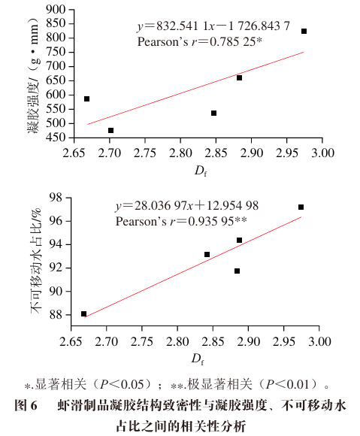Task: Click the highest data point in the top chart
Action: pyautogui.click(x=304, y=31)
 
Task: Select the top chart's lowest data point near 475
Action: pyautogui.click(x=110, y=130)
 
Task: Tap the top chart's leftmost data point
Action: pyautogui.click(x=86, y=99)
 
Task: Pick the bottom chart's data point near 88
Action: pyautogui.click(x=83, y=314)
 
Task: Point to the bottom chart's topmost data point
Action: pyautogui.click(x=301, y=207)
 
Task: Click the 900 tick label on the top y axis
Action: pyautogui.click(x=56, y=10)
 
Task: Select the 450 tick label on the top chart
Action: pyautogui.click(x=56, y=138)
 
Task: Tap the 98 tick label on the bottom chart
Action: pyautogui.click(x=56, y=198)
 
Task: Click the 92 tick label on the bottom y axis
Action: pyautogui.click(x=56, y=268)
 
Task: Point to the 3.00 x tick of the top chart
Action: pyautogui.click(x=322, y=153)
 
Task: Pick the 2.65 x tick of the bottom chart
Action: pyautogui.click(x=71, y=341)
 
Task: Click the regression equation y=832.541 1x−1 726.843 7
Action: pyautogui.click(x=213, y=26)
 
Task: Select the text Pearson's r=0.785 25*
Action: pyautogui.click(x=200, y=41)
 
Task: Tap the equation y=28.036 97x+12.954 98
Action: pyautogui.click(x=187, y=206)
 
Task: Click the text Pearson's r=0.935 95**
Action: pyautogui.click(x=181, y=221)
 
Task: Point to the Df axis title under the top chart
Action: pyautogui.click(x=201, y=171)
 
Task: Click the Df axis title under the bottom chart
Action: pyautogui.click(x=198, y=359)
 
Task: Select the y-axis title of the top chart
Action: pyautogui.click(x=33, y=75)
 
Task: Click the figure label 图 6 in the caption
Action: pyautogui.click(x=26, y=406)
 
